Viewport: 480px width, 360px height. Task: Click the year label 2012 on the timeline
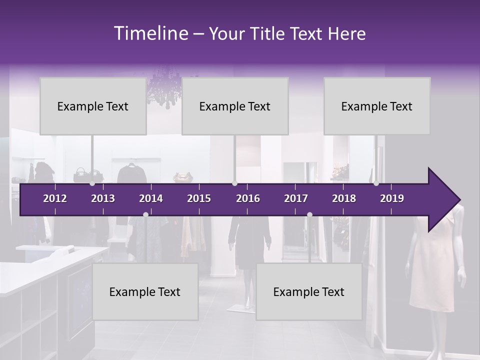point(55,198)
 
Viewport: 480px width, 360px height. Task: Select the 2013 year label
point(103,198)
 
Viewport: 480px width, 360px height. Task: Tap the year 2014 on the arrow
point(151,198)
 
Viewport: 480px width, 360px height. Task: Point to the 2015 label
point(199,198)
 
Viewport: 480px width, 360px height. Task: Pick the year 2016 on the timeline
point(248,198)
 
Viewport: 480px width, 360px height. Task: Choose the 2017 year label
point(296,198)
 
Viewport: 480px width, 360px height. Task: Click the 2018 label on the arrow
point(344,198)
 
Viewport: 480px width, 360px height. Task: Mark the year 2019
point(392,198)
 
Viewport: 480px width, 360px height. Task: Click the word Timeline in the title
point(150,33)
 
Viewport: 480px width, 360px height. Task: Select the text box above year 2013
point(93,106)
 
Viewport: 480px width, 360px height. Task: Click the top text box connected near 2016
point(235,106)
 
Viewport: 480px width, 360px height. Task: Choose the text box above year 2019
point(377,106)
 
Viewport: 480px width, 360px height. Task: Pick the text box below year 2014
point(145,291)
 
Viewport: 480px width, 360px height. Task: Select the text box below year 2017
point(309,291)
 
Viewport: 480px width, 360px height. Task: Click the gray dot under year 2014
point(145,214)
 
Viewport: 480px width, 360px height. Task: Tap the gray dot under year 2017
point(309,214)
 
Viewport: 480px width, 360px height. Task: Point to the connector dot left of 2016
point(234,183)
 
